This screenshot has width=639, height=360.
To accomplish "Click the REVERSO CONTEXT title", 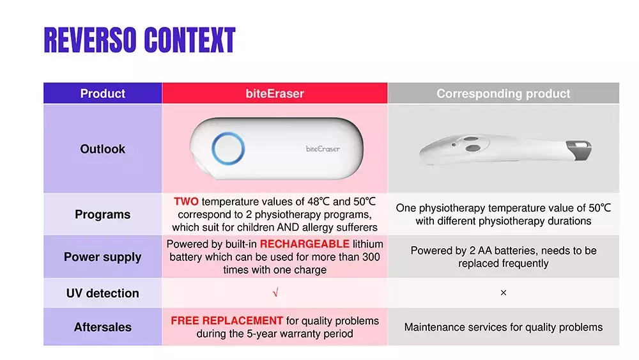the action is (139, 40).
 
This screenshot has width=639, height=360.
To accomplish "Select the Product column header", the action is (103, 93).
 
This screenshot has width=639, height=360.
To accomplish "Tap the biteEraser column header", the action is (275, 93).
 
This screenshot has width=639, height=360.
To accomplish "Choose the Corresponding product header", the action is (504, 93).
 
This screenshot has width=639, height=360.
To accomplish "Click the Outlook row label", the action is (103, 149).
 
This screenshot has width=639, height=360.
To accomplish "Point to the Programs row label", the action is (103, 214).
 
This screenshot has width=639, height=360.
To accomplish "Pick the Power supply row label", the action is (103, 257).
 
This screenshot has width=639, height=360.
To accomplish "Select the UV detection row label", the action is (103, 293).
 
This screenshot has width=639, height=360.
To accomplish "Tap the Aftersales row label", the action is (103, 327).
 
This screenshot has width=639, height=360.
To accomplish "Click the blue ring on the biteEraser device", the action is (213, 148).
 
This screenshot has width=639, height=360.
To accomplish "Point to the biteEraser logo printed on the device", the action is (323, 149).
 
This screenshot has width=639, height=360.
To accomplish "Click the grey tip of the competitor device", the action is (580, 150).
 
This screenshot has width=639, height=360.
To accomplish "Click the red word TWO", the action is (186, 201).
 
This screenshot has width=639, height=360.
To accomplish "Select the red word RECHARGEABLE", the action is (304, 244).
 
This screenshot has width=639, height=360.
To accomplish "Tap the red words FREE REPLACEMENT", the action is (227, 320).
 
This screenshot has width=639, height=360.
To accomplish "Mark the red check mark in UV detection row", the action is (275, 292).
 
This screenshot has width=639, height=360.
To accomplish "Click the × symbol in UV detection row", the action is (504, 293).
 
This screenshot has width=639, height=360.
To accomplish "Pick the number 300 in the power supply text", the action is (371, 257).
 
